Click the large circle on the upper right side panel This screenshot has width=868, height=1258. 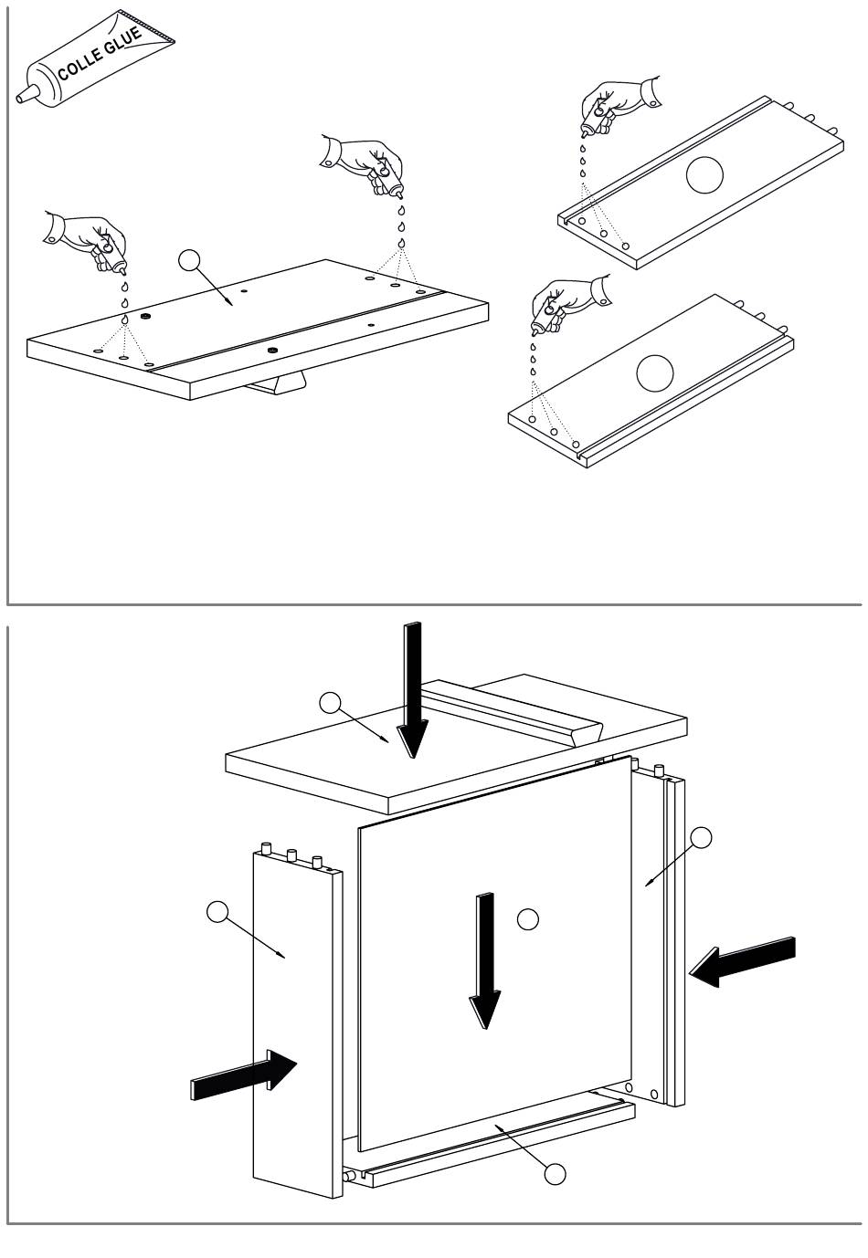click(704, 174)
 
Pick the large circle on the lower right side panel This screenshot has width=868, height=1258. click(654, 372)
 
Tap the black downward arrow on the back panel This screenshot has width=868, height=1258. click(485, 959)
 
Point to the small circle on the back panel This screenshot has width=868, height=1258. click(527, 918)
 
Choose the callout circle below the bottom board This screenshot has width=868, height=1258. click(555, 1174)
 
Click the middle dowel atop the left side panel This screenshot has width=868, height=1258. click(291, 855)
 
